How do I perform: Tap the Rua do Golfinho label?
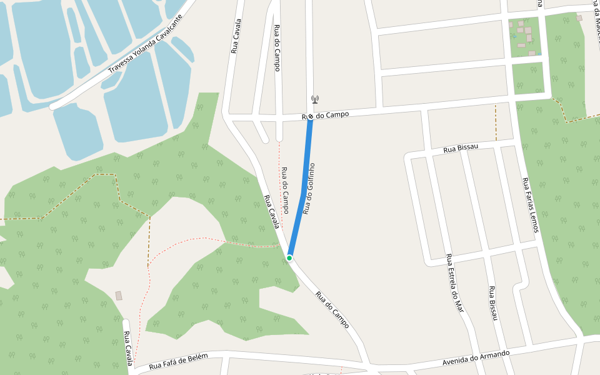point(308,189)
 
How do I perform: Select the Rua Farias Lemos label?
point(530,206)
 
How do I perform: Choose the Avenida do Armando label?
point(476,358)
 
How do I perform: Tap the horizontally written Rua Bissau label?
point(461,148)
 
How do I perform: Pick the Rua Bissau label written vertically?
point(493,303)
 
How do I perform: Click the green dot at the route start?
point(289,257)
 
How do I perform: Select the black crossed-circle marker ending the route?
point(310,116)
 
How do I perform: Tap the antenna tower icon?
point(315,99)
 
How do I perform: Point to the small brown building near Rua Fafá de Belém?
point(119,296)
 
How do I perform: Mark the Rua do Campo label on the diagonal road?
point(332,310)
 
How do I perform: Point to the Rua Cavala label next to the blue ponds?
point(236,36)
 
